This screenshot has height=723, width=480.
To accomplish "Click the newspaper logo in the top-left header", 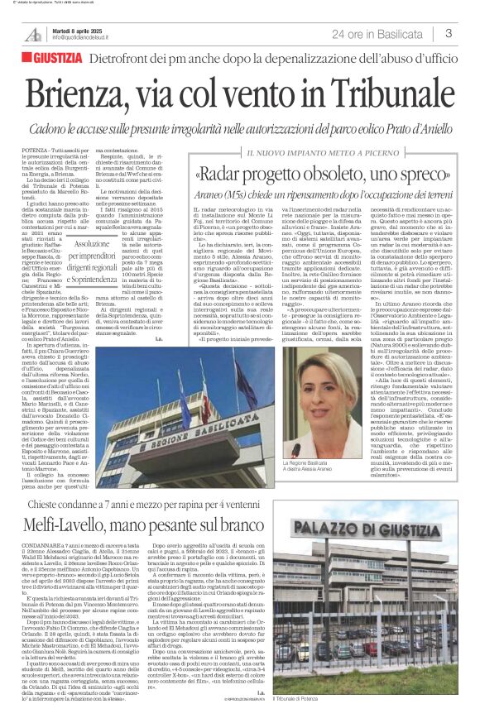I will tap(32, 35).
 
